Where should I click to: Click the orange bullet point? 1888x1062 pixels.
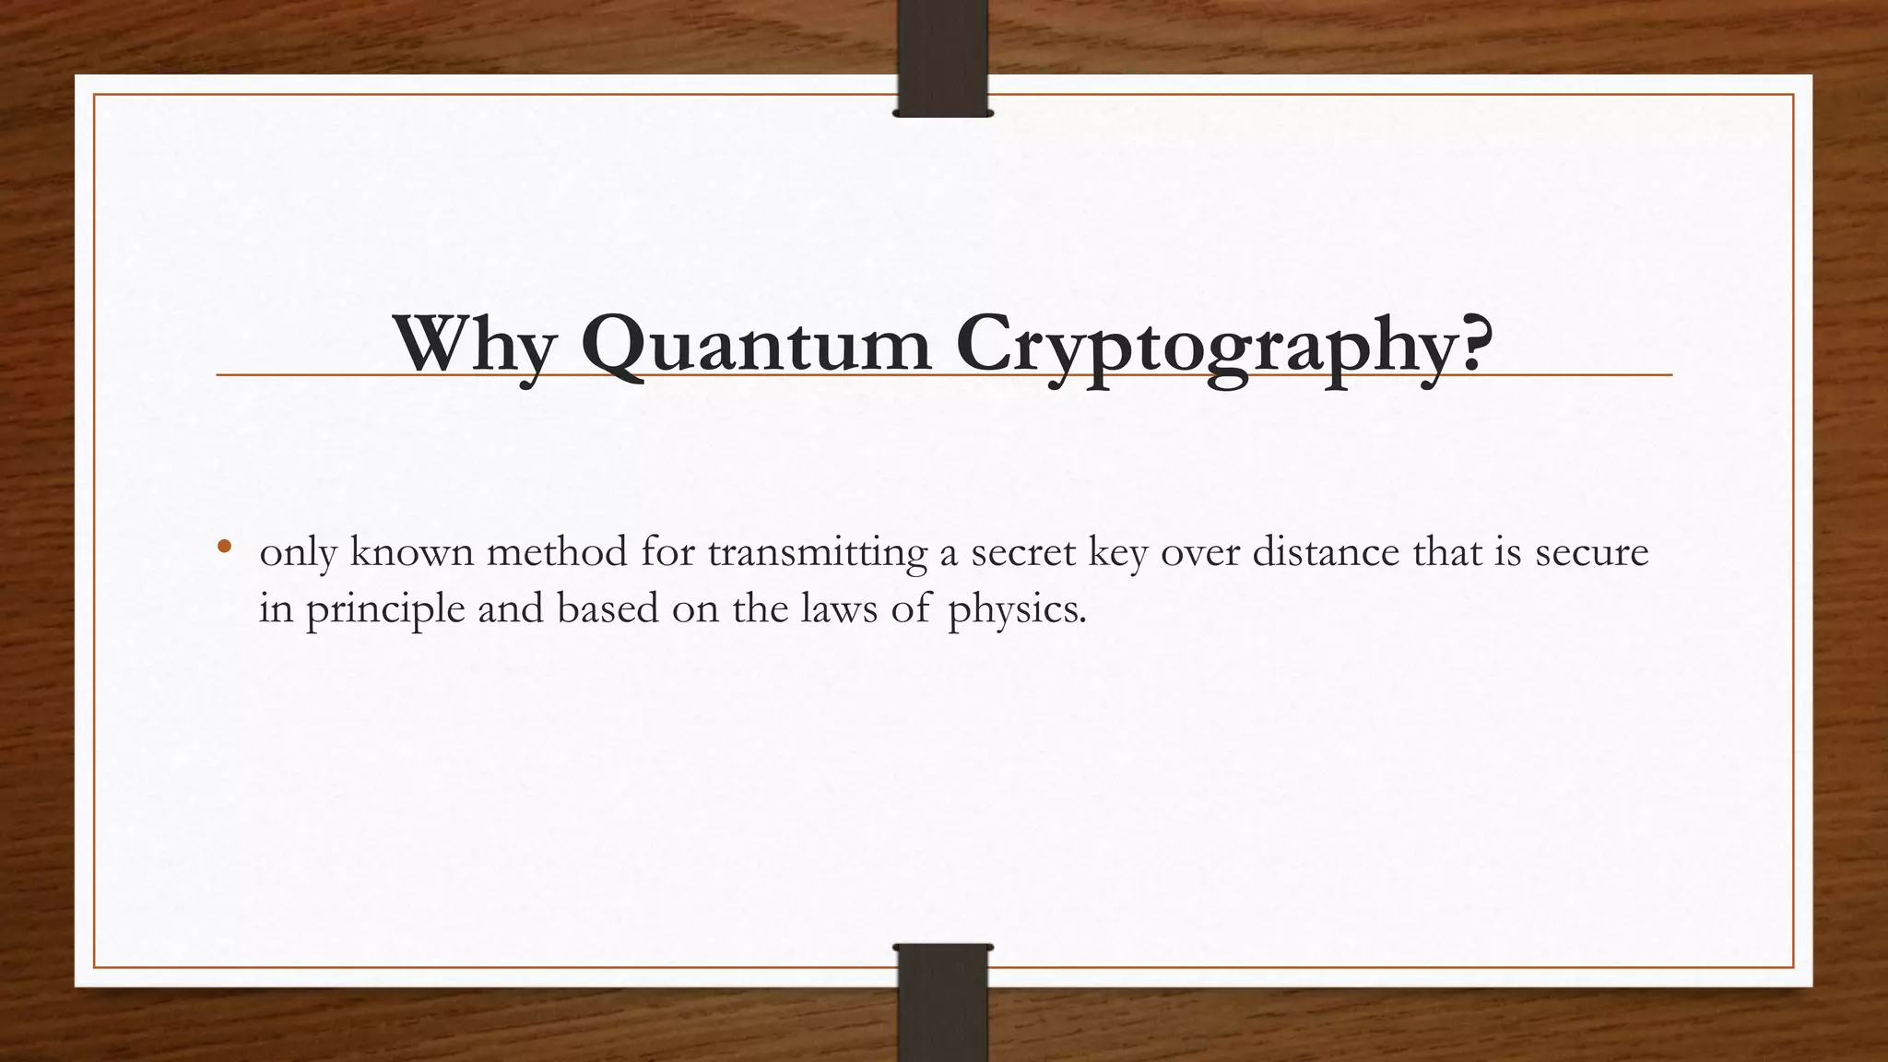tap(224, 547)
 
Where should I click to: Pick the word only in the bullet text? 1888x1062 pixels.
tap(297, 553)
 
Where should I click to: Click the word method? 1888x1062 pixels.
tap(556, 553)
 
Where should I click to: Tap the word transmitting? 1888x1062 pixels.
tap(817, 553)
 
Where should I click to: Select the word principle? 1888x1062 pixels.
tap(385, 610)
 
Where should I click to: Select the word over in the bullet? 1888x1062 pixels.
tap(1200, 553)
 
